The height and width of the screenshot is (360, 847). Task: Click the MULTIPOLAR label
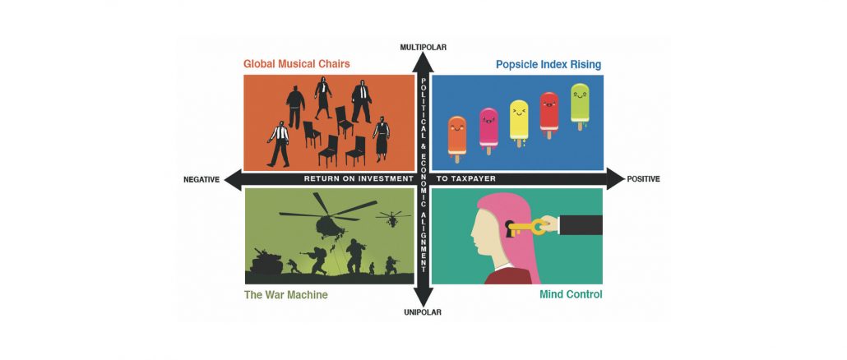423,47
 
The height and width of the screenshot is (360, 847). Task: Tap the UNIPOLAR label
423,312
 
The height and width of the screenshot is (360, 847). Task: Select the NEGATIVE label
201,180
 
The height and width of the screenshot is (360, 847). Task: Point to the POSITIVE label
643,179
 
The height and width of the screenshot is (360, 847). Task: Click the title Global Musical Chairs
297,63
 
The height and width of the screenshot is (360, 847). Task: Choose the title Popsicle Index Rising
548,65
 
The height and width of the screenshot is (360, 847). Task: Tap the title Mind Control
571,295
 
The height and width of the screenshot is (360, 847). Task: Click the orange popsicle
457,138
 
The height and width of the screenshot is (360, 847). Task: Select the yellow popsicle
519,122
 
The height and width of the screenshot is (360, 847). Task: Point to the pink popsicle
488,130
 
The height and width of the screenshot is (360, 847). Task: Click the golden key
527,227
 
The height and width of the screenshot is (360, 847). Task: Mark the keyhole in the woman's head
509,227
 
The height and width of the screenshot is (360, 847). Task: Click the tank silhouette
266,261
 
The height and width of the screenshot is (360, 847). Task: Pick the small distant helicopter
393,218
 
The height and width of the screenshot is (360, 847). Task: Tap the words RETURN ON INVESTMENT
359,178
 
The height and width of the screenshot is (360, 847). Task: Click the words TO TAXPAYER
465,178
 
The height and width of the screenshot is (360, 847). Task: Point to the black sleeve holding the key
581,224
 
